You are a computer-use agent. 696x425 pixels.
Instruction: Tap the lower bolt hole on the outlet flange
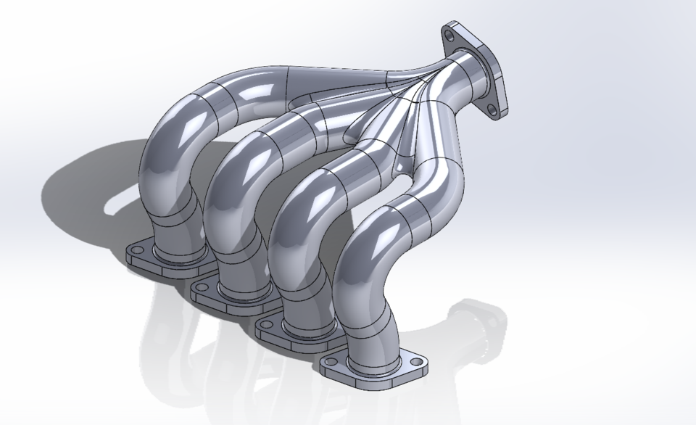pos(493,110)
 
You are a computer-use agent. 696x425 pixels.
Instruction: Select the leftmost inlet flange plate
pos(145,261)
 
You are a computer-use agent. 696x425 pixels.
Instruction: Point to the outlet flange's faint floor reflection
pos(478,319)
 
